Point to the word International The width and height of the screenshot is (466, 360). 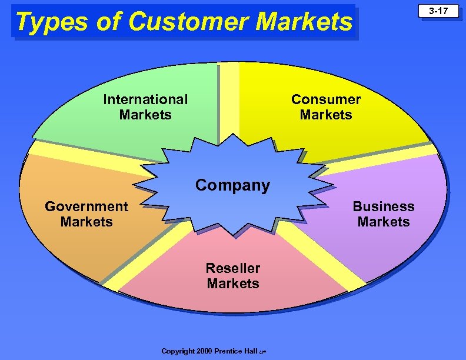point(145,99)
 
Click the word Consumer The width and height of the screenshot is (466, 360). point(326,99)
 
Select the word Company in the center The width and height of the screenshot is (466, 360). point(232,185)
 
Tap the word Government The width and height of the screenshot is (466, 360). point(86,206)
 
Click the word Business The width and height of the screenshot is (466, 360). point(384,206)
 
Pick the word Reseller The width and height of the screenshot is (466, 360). point(233,268)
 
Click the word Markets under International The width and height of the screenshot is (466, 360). point(145,115)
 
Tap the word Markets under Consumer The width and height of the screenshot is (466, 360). point(326,115)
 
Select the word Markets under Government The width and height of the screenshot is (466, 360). point(86,222)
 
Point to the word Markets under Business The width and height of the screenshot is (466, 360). point(384,222)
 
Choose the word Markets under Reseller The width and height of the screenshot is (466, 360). point(233,284)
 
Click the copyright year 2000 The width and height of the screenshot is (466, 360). point(203,351)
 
